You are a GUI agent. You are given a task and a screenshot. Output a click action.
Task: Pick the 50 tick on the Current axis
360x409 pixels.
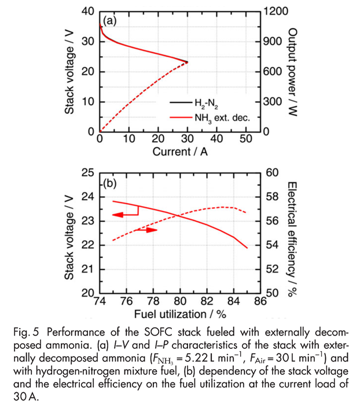point(246,139)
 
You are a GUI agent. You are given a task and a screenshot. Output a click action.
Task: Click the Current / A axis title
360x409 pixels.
point(181,152)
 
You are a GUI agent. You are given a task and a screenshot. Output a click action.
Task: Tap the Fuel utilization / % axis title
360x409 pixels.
point(181,314)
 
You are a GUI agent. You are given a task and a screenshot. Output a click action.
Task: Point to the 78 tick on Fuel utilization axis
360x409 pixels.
point(153,301)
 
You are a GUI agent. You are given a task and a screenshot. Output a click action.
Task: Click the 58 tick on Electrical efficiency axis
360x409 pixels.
point(272,197)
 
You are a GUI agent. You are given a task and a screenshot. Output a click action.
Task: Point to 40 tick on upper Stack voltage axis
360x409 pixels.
point(88,11)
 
